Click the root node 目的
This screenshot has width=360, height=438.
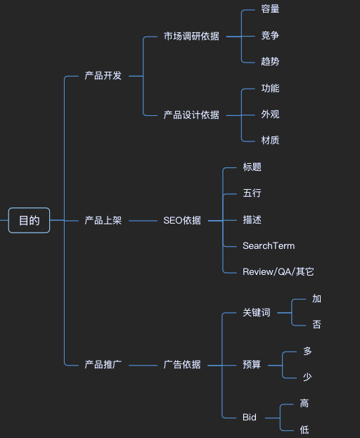[x=29, y=220]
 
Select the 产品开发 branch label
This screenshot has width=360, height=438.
[x=103, y=75]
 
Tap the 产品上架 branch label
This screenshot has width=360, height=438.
[x=103, y=220]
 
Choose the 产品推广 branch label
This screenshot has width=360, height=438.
[x=103, y=364]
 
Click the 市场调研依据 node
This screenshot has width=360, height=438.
[x=191, y=36]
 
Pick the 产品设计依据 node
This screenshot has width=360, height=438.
[x=191, y=115]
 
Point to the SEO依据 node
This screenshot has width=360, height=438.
[x=182, y=220]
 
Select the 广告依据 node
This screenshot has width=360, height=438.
[x=182, y=364]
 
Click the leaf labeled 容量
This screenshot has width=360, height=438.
[x=270, y=9]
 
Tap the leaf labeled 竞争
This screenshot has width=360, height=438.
[x=270, y=35]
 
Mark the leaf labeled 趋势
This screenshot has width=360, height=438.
[x=270, y=61]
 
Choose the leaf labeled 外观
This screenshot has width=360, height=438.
[x=270, y=114]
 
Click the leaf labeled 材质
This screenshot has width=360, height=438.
[x=270, y=140]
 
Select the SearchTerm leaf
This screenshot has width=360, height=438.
[x=269, y=245]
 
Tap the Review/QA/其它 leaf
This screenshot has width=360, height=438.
[x=278, y=271]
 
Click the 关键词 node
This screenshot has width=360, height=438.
[x=256, y=312]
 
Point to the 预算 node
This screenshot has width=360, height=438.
[x=252, y=364]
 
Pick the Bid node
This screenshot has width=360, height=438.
[x=250, y=417]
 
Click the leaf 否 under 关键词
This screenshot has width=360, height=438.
[x=317, y=324]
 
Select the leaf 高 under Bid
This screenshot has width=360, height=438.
[x=304, y=404]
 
